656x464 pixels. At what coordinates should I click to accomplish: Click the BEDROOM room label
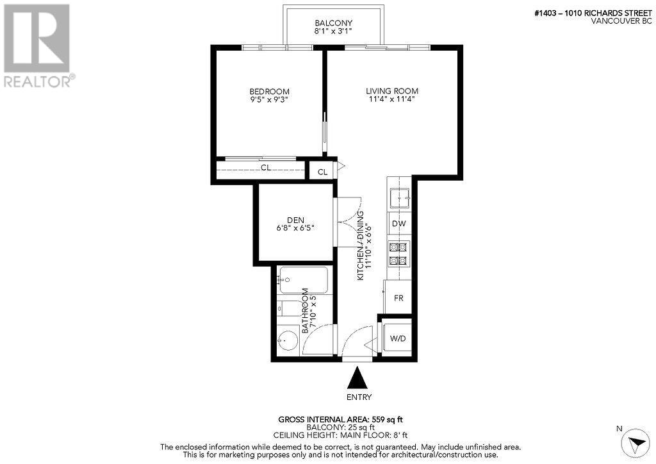point(269,92)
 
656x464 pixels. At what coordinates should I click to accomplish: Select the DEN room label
point(295,220)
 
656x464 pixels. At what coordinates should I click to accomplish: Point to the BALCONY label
point(333,24)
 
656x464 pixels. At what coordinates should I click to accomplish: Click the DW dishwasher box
point(399,224)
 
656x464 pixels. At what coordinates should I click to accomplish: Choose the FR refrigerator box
point(398,298)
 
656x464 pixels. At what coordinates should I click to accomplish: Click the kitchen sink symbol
point(400,197)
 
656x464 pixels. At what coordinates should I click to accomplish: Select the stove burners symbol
point(399,253)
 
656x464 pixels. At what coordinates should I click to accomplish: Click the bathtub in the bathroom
point(303,280)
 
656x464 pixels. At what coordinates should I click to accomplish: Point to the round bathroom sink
point(288,341)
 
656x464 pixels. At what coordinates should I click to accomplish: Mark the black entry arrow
point(357,379)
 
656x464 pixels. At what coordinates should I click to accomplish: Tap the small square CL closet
point(323,171)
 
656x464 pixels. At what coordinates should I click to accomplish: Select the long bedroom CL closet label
point(265,168)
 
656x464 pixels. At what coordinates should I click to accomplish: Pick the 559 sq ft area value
point(387,420)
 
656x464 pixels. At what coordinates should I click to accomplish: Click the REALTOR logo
point(38,45)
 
